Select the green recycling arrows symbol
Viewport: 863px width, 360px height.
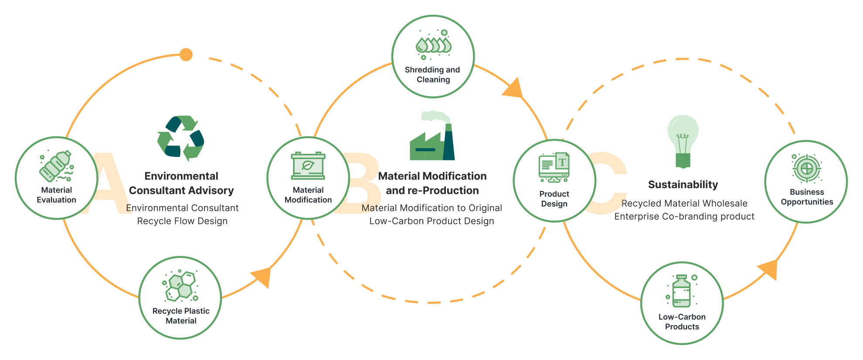tap(181, 138)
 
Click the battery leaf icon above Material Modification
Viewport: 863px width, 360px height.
tap(308, 166)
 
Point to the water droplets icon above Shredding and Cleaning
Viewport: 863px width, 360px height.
tap(433, 45)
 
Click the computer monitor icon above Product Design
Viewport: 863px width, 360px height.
tap(554, 167)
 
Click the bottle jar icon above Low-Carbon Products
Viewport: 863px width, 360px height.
tap(682, 291)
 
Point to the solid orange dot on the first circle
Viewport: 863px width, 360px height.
tap(186, 55)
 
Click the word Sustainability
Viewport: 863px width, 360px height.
tap(683, 185)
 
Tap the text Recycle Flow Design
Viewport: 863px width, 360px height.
tap(182, 221)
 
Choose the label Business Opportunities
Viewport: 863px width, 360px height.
tap(807, 197)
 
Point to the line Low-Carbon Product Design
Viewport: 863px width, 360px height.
tap(431, 221)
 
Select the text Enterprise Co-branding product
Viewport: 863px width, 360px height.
tap(684, 217)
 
